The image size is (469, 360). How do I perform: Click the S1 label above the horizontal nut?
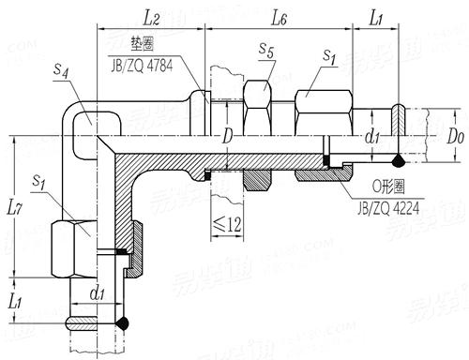(x=328, y=58)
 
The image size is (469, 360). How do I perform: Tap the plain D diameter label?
(x=227, y=137)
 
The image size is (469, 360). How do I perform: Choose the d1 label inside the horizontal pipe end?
(x=371, y=138)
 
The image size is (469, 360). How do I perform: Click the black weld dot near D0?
(x=401, y=158)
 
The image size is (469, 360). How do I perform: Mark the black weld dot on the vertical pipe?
(x=122, y=322)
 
